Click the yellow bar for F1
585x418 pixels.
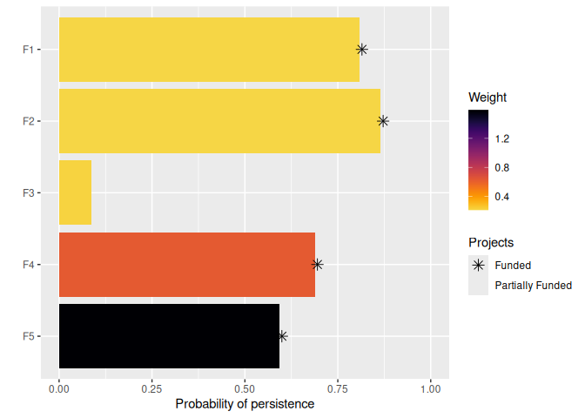209,50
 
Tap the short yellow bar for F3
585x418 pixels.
75,192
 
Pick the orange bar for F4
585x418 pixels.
186,264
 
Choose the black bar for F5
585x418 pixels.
169,335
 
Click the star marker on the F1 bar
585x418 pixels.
362,50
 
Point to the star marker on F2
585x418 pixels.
382,121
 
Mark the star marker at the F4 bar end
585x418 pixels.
318,264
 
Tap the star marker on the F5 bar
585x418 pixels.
282,335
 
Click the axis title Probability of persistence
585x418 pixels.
245,404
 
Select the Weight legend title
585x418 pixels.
487,97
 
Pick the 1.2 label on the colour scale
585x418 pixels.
502,139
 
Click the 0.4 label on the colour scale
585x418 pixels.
502,197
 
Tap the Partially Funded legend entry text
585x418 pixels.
533,285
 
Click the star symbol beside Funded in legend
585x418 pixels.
478,265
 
